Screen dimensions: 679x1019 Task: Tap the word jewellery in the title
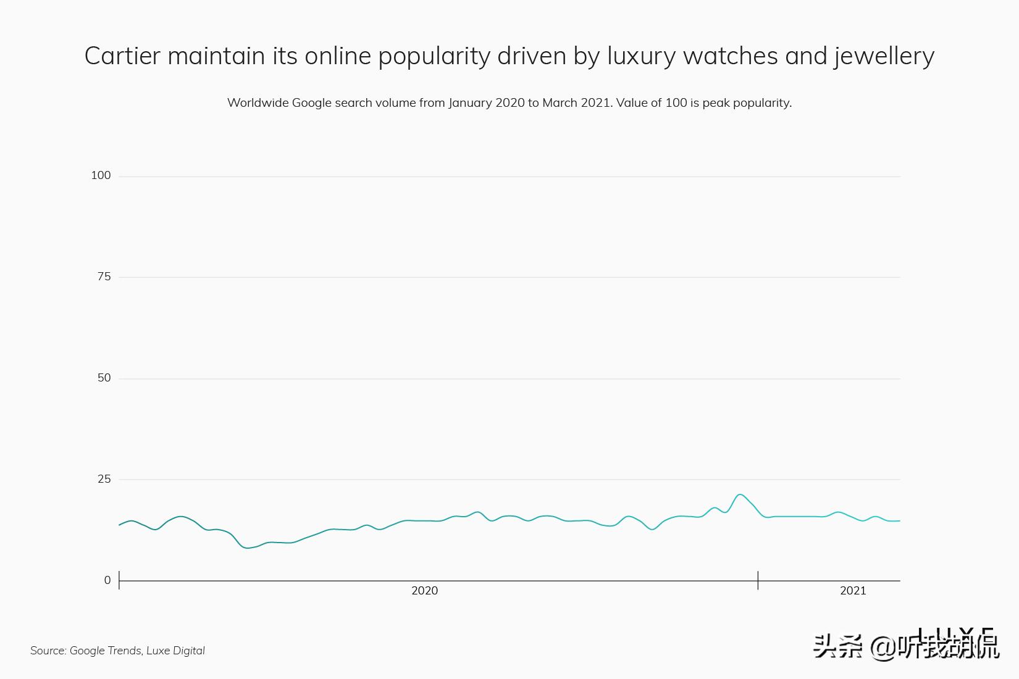(x=884, y=56)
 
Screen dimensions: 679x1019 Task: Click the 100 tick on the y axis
(x=101, y=175)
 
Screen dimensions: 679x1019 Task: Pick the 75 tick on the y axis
(x=104, y=277)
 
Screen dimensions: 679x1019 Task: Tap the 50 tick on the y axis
(x=104, y=378)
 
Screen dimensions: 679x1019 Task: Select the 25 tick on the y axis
(x=104, y=479)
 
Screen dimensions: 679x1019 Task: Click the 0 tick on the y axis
(x=107, y=580)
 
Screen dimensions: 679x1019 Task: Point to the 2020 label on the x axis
(x=424, y=591)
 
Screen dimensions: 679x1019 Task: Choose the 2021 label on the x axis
(x=853, y=591)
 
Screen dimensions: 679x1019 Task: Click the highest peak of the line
(x=740, y=494)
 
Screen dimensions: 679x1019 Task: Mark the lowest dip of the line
(x=248, y=548)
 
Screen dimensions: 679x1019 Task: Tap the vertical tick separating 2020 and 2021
(x=758, y=580)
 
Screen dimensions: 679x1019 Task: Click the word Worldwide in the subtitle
(x=258, y=102)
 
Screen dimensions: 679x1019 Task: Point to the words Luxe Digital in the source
(x=175, y=651)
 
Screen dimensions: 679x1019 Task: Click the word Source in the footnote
(x=48, y=651)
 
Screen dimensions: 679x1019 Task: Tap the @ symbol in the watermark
(x=882, y=647)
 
